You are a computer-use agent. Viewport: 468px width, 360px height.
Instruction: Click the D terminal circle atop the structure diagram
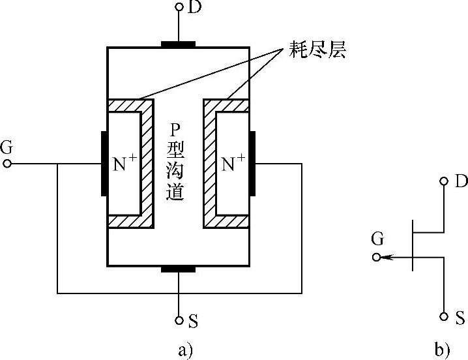click(x=178, y=7)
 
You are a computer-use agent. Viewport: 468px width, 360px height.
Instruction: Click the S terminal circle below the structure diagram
click(x=178, y=321)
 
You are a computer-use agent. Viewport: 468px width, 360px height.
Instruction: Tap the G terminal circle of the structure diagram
click(x=7, y=164)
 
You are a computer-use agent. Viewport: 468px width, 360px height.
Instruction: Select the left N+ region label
click(x=126, y=164)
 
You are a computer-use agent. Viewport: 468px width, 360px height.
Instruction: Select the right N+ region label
click(x=234, y=164)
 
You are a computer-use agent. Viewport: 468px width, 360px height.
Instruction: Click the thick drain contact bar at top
click(x=178, y=45)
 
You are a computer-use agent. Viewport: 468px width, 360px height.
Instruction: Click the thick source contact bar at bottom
click(x=178, y=268)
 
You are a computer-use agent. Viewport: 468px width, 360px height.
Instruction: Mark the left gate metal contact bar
click(x=104, y=164)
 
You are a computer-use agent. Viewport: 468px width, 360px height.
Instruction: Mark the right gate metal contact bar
click(x=252, y=164)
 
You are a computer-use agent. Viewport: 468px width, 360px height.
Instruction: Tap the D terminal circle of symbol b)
click(x=444, y=181)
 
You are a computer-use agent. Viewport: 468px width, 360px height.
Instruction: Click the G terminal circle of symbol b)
click(x=376, y=258)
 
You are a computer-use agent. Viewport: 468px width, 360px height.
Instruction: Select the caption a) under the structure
click(x=185, y=350)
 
